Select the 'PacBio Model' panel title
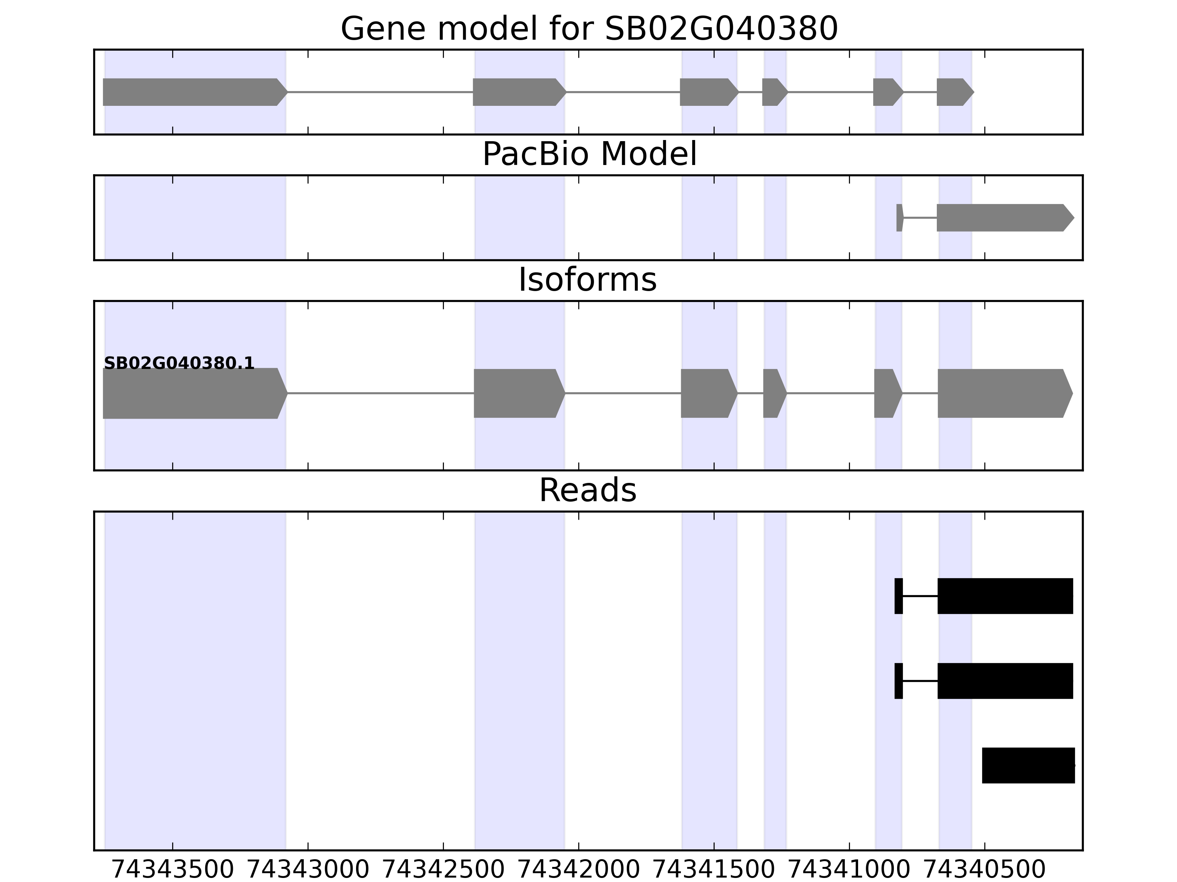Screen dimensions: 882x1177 click(588, 154)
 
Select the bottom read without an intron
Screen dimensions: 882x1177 click(1028, 765)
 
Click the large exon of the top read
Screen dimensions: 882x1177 click(1004, 596)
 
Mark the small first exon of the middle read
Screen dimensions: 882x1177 click(898, 681)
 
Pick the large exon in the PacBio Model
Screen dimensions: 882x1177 click(1003, 218)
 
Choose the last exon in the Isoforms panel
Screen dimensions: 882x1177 click(1003, 394)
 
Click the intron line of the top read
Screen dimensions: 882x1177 click(920, 596)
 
